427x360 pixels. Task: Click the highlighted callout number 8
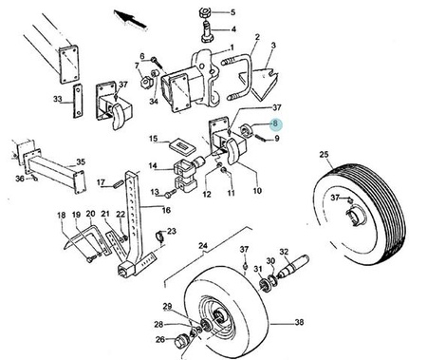click(275, 123)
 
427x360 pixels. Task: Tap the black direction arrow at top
click(130, 19)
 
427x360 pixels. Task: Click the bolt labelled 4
click(207, 31)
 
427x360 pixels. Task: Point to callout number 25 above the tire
click(324, 154)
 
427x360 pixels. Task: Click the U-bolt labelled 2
click(238, 77)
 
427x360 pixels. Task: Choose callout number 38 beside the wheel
click(299, 322)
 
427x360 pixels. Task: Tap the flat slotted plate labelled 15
click(182, 146)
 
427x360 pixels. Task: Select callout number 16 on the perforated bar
click(166, 210)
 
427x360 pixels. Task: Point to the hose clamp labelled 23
click(160, 236)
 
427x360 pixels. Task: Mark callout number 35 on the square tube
click(81, 162)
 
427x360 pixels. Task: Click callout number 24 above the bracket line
click(203, 245)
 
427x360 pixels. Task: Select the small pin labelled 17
click(119, 183)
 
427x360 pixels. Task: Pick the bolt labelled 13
click(171, 194)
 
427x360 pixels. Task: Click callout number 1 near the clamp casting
click(232, 47)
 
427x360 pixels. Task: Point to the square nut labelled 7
click(146, 83)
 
